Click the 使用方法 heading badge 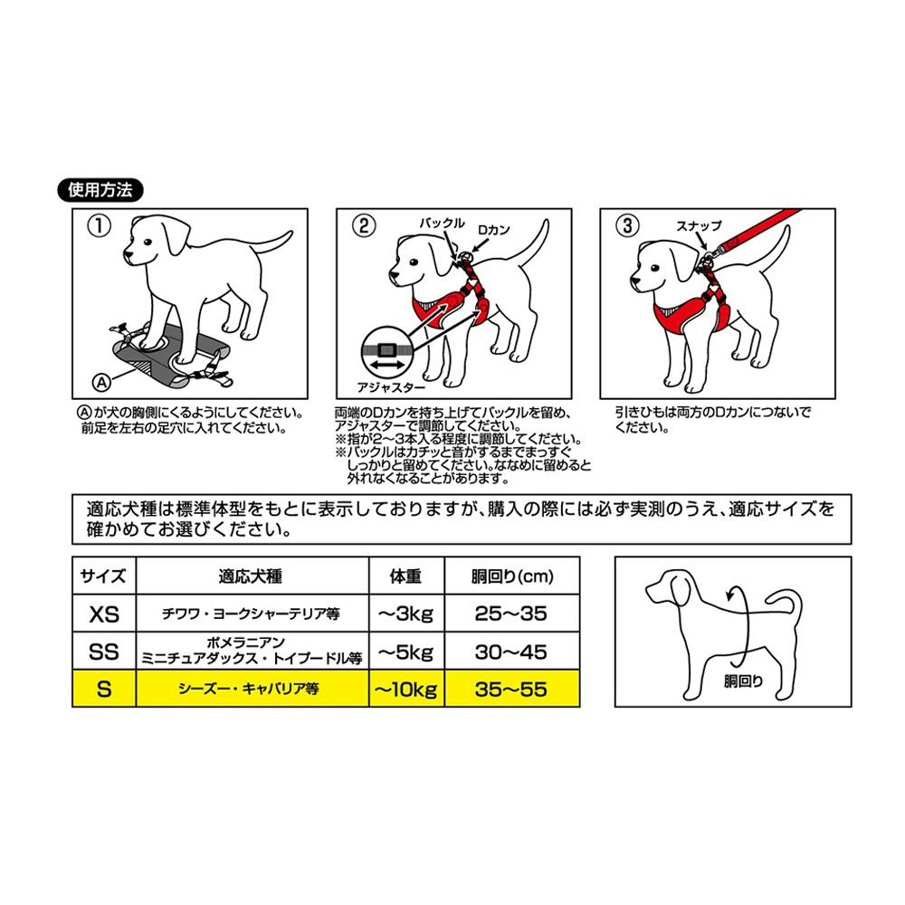pos(100,190)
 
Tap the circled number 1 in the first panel pos(99,225)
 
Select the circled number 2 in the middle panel pos(364,225)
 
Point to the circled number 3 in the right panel pos(627,225)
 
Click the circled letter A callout pos(101,382)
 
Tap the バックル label pos(442,223)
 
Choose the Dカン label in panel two pos(493,230)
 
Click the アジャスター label pos(391,387)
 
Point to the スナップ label pos(699,225)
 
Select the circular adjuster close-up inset pos(386,352)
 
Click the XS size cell pos(104,614)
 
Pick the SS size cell pos(104,652)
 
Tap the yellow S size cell pos(104,689)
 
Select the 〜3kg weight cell pos(406,614)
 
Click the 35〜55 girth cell pos(511,689)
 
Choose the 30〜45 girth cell pos(511,652)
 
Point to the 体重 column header pos(406,576)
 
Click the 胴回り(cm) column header pos(511,576)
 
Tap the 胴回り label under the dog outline pos(743,681)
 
